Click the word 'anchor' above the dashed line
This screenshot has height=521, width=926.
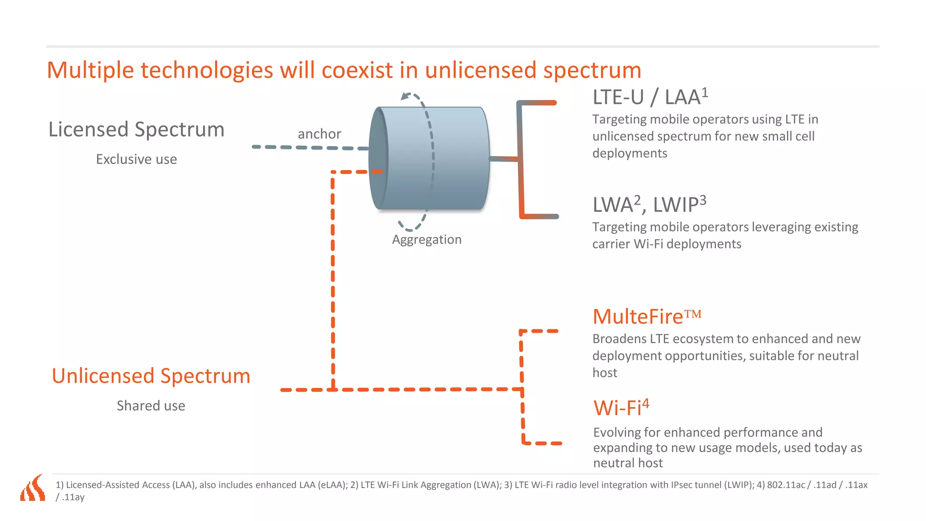click(319, 134)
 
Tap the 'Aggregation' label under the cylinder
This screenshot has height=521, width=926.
click(426, 239)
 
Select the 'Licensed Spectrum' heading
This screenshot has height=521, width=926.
click(136, 129)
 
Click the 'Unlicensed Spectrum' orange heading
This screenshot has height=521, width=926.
click(151, 376)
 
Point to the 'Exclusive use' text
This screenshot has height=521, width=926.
click(136, 159)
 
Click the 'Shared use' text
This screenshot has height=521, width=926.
click(151, 406)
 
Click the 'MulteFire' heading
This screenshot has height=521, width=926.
click(638, 317)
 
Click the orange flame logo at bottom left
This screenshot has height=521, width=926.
click(33, 488)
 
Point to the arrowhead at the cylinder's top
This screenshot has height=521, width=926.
click(405, 96)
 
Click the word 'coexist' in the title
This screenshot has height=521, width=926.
click(357, 71)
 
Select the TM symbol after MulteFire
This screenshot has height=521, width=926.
click(693, 313)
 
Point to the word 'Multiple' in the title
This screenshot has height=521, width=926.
click(90, 71)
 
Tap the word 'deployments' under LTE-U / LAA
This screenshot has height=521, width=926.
click(629, 153)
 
